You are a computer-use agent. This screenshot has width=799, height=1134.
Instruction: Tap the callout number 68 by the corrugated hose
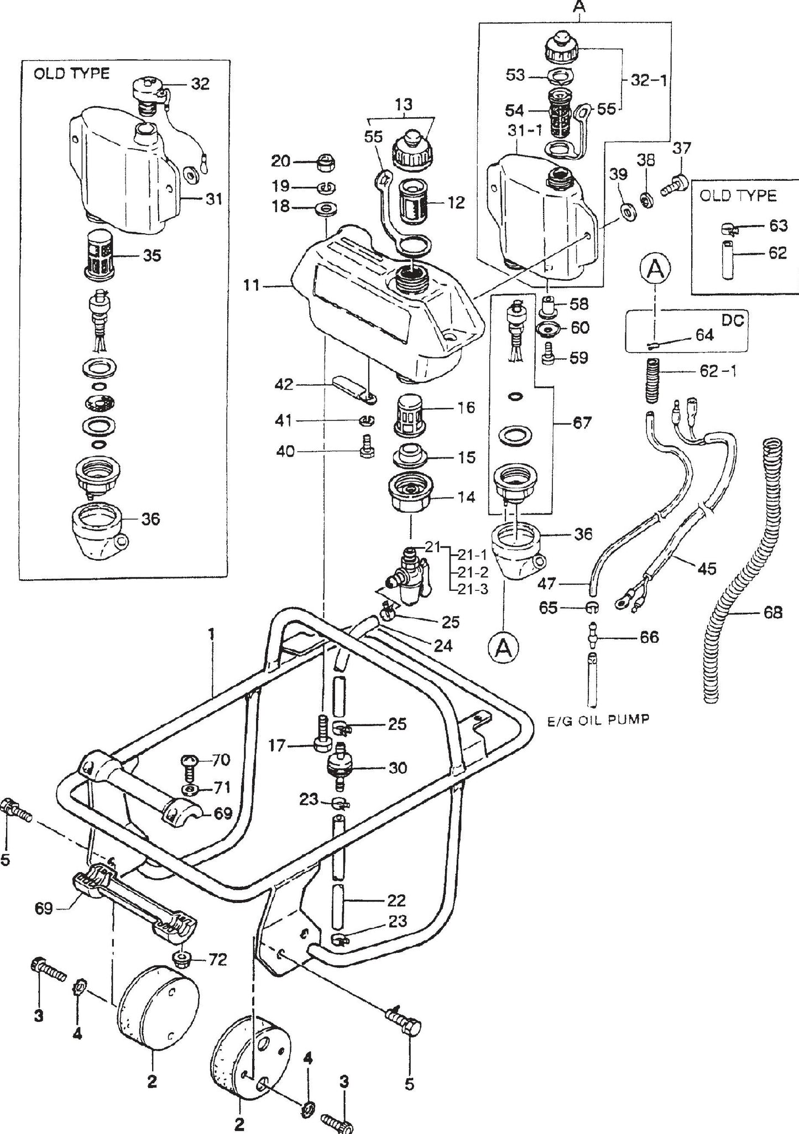point(772,612)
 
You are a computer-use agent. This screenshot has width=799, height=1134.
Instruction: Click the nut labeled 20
point(324,162)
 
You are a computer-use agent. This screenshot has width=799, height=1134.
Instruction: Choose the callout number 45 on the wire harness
point(707,568)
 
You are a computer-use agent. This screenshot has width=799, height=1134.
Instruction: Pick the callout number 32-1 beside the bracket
point(648,80)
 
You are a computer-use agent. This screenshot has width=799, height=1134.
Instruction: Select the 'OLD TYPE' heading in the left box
point(71,73)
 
